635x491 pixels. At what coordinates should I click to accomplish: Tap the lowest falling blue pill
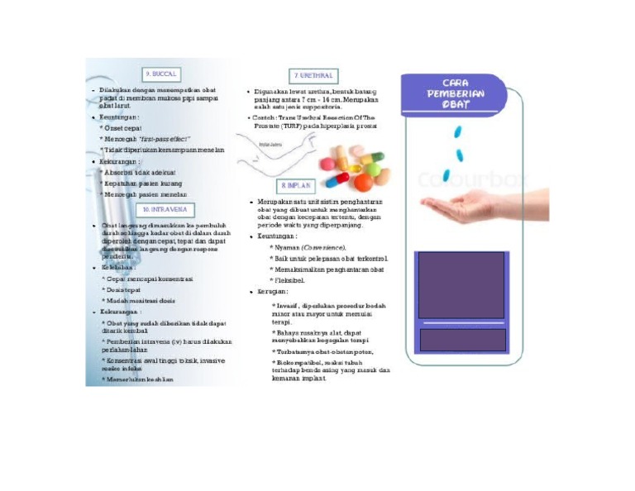click(446, 175)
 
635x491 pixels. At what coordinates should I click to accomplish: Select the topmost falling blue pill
click(459, 131)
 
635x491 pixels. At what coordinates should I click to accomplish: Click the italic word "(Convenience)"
click(323, 247)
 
